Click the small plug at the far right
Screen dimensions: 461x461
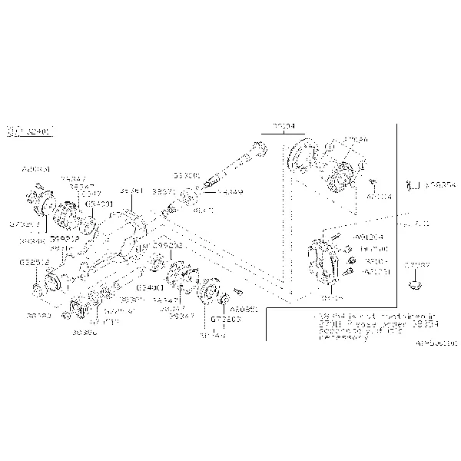[416, 284]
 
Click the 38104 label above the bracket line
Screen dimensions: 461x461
[281, 125]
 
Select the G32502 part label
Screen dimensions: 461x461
[34, 262]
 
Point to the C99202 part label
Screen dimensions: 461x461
[167, 244]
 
